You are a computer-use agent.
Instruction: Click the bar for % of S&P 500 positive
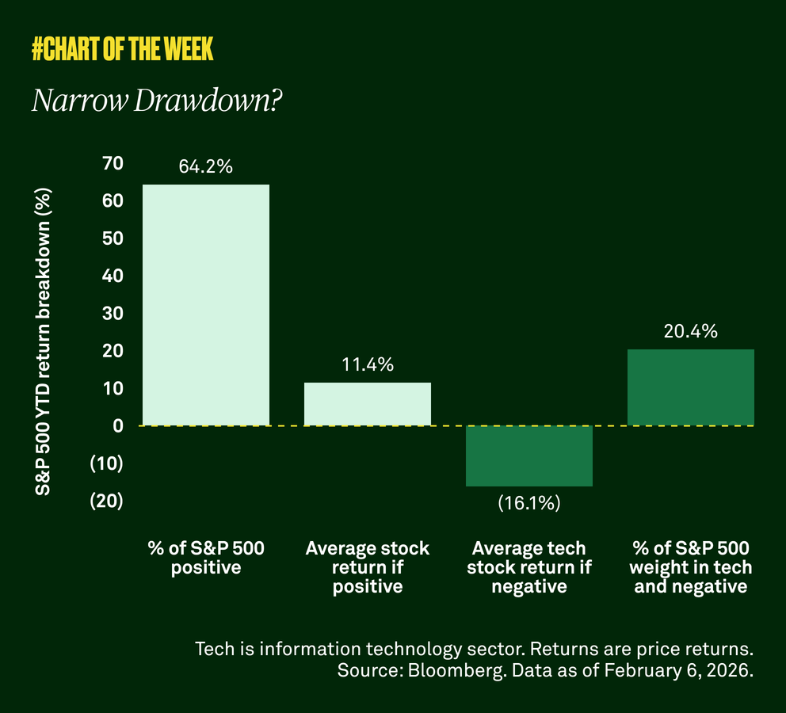(206, 305)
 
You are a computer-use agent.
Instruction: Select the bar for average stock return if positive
(368, 404)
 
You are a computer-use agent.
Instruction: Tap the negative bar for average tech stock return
(529, 456)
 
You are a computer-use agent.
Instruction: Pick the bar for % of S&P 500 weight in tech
(691, 387)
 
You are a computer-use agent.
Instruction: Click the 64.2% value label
(206, 167)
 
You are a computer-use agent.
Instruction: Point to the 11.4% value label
(368, 365)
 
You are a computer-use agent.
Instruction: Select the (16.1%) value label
(529, 503)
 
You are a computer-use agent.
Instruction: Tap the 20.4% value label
(691, 332)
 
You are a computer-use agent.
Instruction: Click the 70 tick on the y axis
(113, 163)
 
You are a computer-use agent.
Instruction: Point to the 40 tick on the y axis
(113, 276)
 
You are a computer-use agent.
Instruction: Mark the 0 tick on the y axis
(118, 425)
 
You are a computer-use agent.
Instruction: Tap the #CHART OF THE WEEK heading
(123, 50)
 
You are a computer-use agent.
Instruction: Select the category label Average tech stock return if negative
(529, 567)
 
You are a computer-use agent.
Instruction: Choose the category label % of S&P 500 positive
(206, 558)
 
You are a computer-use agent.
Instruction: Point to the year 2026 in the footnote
(728, 671)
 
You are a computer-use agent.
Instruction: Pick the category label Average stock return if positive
(368, 567)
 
